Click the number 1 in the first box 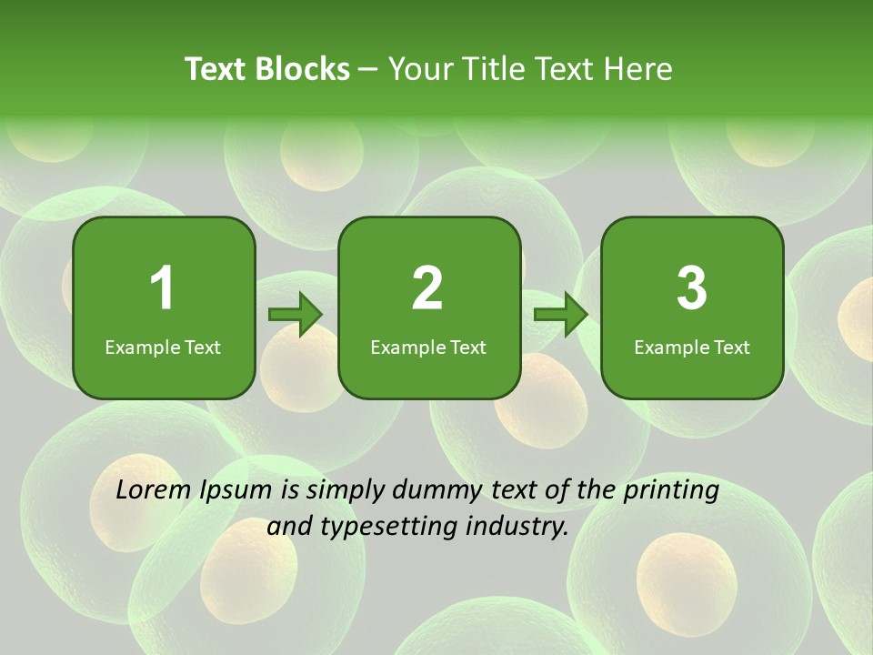(x=162, y=288)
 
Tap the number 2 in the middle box (x=427, y=288)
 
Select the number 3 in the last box (x=692, y=288)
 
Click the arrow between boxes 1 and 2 (x=296, y=315)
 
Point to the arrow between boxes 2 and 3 (x=561, y=315)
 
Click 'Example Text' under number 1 (x=163, y=348)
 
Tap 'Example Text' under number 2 (x=428, y=348)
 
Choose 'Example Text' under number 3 (x=692, y=348)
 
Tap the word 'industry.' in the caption (x=522, y=526)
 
